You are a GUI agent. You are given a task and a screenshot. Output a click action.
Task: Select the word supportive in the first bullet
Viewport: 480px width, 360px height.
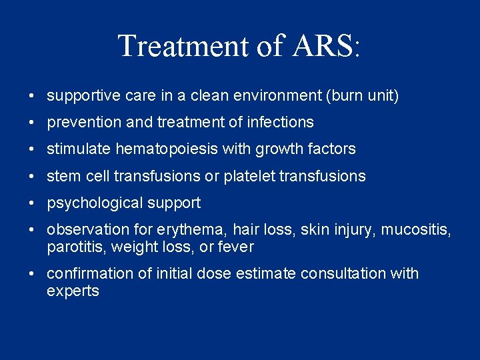pos(79,96)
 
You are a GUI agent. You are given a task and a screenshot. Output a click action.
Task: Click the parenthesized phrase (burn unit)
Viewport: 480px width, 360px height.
pos(362,96)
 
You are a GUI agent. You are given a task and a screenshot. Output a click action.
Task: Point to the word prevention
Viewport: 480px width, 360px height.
pos(80,123)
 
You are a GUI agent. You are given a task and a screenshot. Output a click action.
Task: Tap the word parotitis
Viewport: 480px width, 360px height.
pos(71,247)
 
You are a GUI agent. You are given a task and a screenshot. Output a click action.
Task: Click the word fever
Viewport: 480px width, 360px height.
pos(237,247)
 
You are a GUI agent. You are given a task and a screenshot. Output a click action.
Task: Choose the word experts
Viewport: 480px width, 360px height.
pos(73,291)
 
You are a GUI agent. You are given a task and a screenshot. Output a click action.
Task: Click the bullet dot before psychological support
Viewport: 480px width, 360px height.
pos(33,203)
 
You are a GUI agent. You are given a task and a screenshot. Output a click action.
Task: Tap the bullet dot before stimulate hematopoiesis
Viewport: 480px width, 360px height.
pos(33,150)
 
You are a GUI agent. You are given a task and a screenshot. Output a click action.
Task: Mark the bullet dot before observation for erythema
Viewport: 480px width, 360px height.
pos(33,230)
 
